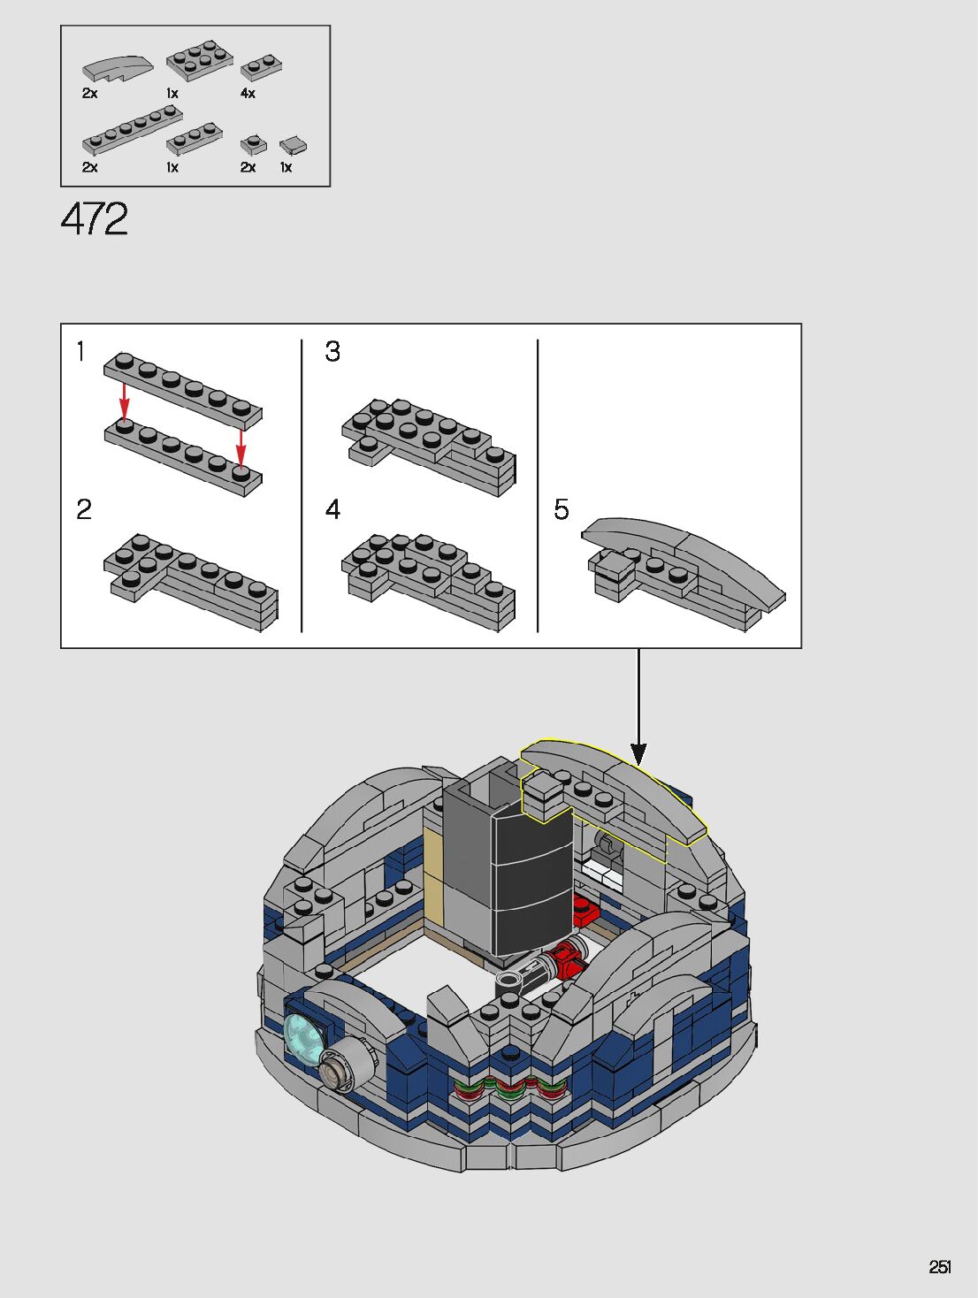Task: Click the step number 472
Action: coord(94,218)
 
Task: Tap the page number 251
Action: coord(940,1267)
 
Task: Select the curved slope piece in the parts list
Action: coord(118,69)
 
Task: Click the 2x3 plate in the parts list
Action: coord(199,60)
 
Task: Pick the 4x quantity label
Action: coord(248,94)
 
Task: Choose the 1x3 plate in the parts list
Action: coord(195,140)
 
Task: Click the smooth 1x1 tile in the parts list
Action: coord(294,146)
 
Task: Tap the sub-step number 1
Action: coord(81,351)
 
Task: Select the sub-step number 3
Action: coord(332,351)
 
